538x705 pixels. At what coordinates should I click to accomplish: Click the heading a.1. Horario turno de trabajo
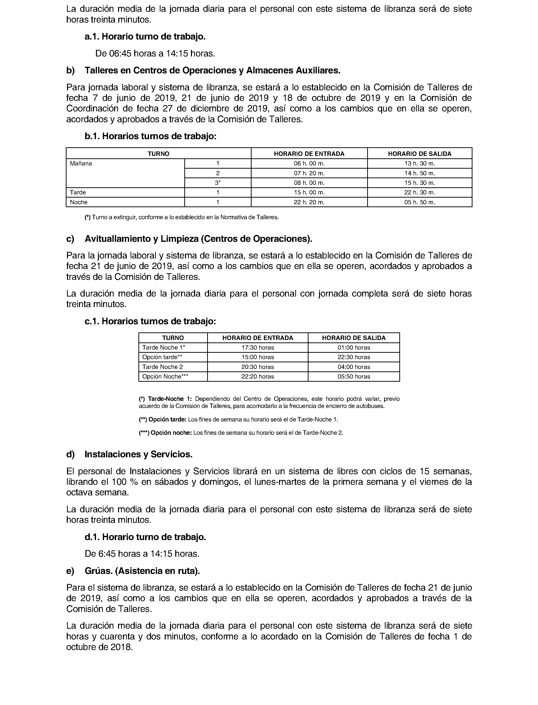[145, 37]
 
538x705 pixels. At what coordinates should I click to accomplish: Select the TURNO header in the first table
[158, 154]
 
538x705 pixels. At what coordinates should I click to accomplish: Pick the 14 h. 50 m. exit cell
[419, 173]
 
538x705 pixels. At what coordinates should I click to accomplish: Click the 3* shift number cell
[218, 183]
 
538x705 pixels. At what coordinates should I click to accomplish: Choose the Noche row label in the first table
[79, 202]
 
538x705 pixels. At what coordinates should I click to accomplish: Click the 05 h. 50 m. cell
[419, 202]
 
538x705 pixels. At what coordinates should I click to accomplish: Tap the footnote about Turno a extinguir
[182, 217]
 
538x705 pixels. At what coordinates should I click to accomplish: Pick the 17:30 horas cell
[257, 348]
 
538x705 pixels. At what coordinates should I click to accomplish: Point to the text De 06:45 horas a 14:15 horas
[155, 54]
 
